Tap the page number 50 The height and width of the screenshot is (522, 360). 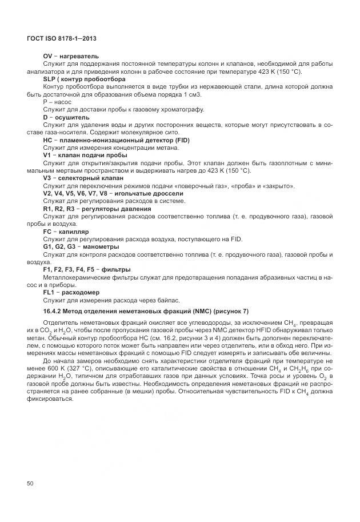(x=30, y=484)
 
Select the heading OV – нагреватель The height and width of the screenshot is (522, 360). (x=71, y=56)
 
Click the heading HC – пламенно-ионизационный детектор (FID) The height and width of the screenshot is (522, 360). (x=116, y=140)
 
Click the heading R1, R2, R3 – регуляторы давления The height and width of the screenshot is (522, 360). (x=97, y=209)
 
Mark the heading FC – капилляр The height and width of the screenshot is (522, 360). (x=66, y=232)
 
